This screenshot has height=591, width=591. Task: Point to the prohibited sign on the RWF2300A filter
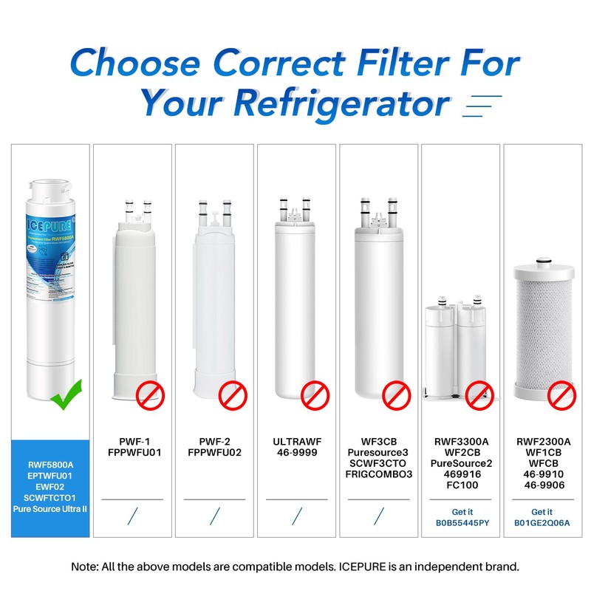(x=561, y=397)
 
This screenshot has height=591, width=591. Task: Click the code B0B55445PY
(x=462, y=523)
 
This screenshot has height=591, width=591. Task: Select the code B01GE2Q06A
(x=542, y=523)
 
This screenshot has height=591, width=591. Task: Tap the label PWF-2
(x=214, y=440)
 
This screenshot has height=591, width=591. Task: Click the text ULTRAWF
(x=296, y=440)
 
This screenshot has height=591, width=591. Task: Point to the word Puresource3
(x=379, y=451)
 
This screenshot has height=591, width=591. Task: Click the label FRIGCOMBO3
(x=379, y=474)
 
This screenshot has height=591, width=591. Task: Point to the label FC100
(x=462, y=485)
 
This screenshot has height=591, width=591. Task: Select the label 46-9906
(x=542, y=485)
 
